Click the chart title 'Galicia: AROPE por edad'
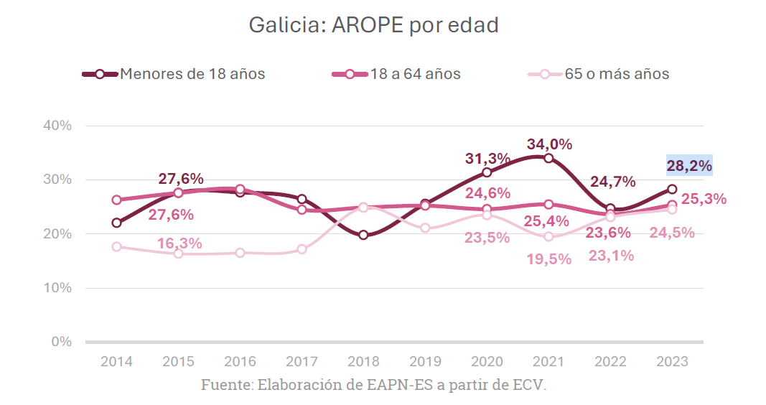click(x=373, y=26)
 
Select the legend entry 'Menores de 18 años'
click(x=192, y=74)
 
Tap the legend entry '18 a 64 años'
click(x=416, y=74)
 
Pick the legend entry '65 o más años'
click(x=617, y=74)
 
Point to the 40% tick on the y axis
click(x=57, y=126)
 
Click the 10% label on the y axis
click(x=57, y=288)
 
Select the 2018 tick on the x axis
click(x=363, y=361)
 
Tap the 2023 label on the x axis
click(x=672, y=361)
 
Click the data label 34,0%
click(x=549, y=144)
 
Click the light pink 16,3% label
click(x=179, y=243)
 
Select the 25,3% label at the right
click(x=704, y=199)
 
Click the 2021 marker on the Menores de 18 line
click(x=548, y=158)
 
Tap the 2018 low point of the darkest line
click(x=363, y=235)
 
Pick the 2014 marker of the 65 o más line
click(x=116, y=246)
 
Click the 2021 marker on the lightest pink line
click(x=548, y=236)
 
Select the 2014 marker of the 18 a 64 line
click(x=116, y=200)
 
